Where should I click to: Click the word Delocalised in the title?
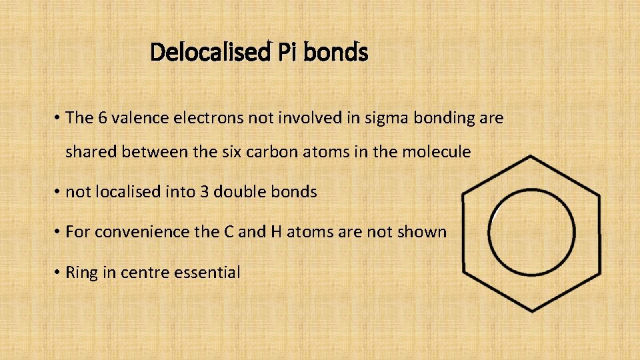tap(208, 52)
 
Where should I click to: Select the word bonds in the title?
tap(335, 52)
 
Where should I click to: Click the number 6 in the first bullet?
tap(103, 118)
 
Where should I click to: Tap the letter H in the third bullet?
tap(275, 232)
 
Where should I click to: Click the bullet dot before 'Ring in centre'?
tap(59, 272)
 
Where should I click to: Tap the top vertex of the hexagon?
tap(531, 158)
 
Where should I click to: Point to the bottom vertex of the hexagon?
tap(531, 310)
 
